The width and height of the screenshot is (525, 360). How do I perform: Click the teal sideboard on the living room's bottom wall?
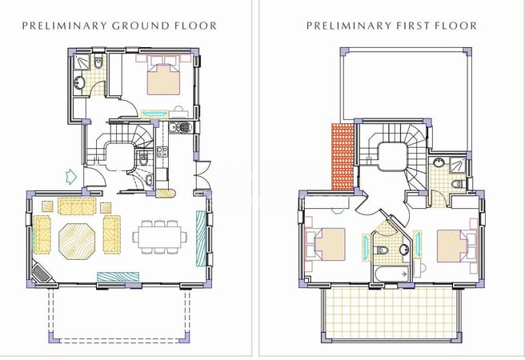[x=114, y=276]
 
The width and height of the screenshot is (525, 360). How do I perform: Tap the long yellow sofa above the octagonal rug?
[x=76, y=206]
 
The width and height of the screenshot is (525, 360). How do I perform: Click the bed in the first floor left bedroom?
[x=327, y=244]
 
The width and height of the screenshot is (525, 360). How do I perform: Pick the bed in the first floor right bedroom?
[x=452, y=246]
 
